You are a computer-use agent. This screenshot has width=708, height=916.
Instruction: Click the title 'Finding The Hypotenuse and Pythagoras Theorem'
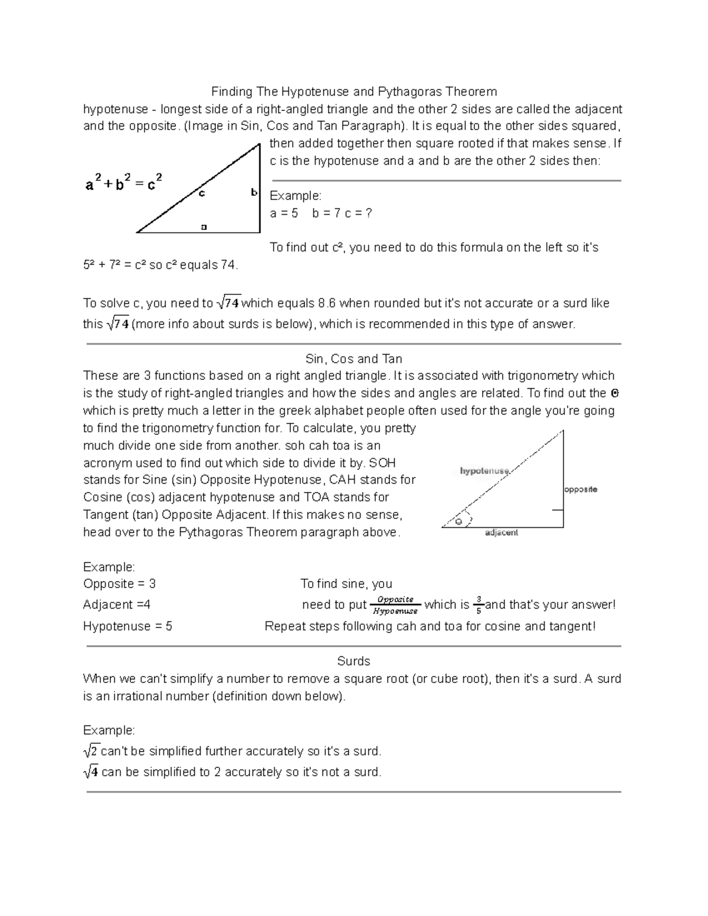coord(354,92)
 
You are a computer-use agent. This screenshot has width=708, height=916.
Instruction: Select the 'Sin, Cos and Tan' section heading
coord(354,359)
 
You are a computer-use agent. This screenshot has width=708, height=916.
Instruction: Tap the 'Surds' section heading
coord(353,661)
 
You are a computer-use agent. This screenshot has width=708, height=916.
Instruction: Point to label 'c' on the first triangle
coord(202,193)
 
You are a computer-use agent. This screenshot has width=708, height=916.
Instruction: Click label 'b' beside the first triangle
coord(254,192)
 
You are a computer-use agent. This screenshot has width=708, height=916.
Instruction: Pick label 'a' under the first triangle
coord(204,226)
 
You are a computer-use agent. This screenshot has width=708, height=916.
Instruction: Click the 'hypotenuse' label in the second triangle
coord(484,471)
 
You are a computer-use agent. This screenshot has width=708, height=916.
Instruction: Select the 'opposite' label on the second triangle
coord(581,489)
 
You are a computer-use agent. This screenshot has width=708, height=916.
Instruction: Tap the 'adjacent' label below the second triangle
coord(501,533)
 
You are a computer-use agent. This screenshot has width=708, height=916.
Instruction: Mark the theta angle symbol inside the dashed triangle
coord(458,521)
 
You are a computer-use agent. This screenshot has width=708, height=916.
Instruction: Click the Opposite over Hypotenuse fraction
coord(395,605)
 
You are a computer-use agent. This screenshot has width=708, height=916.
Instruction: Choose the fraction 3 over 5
coord(478,605)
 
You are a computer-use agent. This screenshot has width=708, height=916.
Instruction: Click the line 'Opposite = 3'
coord(119,584)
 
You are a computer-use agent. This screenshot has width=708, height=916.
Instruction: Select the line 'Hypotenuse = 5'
coord(127,626)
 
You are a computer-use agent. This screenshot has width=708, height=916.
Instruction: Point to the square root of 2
coord(91,751)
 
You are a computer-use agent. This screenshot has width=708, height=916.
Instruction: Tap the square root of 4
coord(91,771)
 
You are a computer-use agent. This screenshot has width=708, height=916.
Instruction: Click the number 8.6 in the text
coord(327,303)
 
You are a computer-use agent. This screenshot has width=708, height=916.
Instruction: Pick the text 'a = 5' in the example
coord(284,213)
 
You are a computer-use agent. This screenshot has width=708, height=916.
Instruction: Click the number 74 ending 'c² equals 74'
coord(228,265)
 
